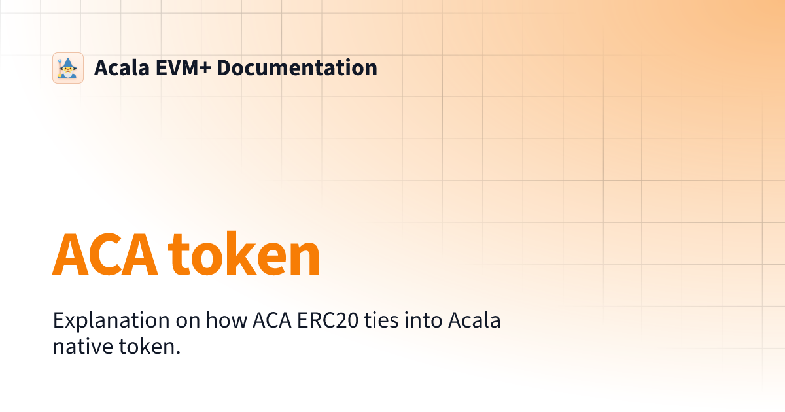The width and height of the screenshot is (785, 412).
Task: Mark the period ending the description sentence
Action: click(178, 353)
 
